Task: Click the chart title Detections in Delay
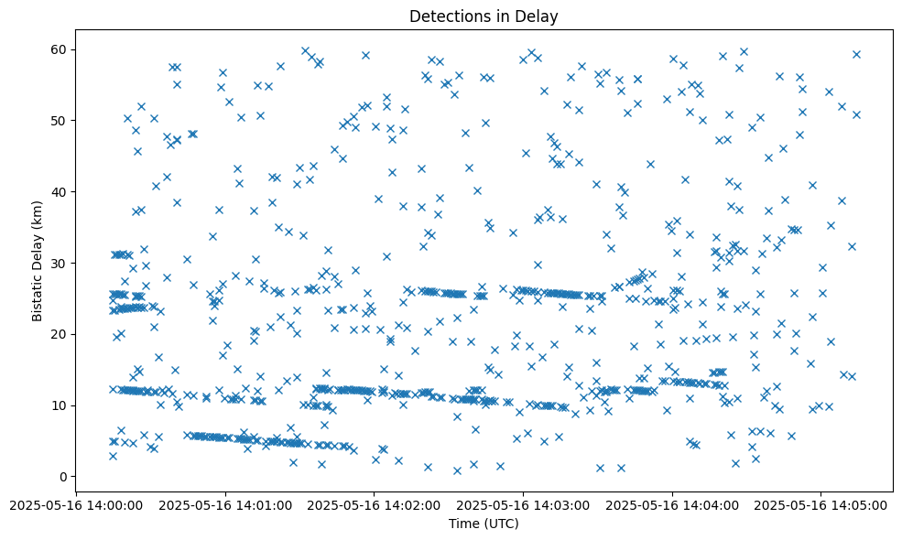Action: [484, 16]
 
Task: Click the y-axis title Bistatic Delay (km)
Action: [38, 248]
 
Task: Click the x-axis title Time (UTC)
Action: [484, 524]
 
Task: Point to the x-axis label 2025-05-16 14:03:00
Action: [523, 504]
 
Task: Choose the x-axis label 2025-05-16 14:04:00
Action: [672, 504]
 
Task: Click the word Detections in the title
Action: [447, 16]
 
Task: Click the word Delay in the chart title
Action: [538, 16]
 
